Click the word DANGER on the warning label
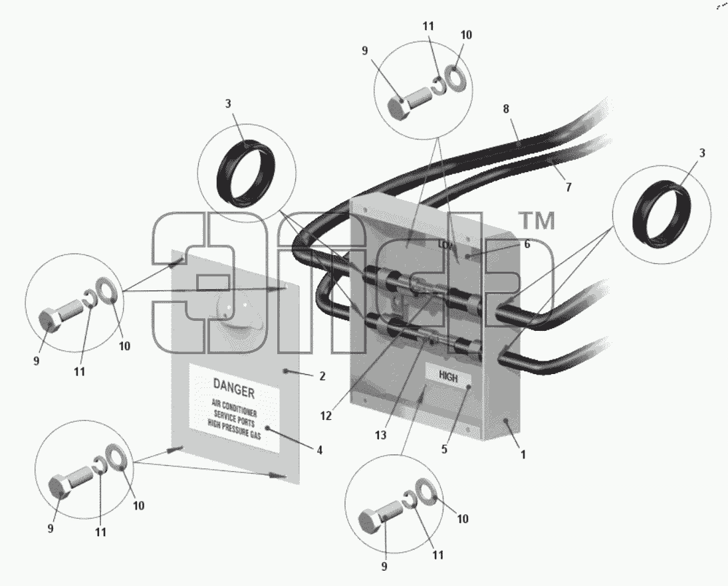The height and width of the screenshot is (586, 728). point(234,389)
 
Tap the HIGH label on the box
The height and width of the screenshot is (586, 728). point(448,377)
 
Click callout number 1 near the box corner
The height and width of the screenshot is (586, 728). point(523,454)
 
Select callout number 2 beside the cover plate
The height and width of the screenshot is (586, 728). point(322,376)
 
